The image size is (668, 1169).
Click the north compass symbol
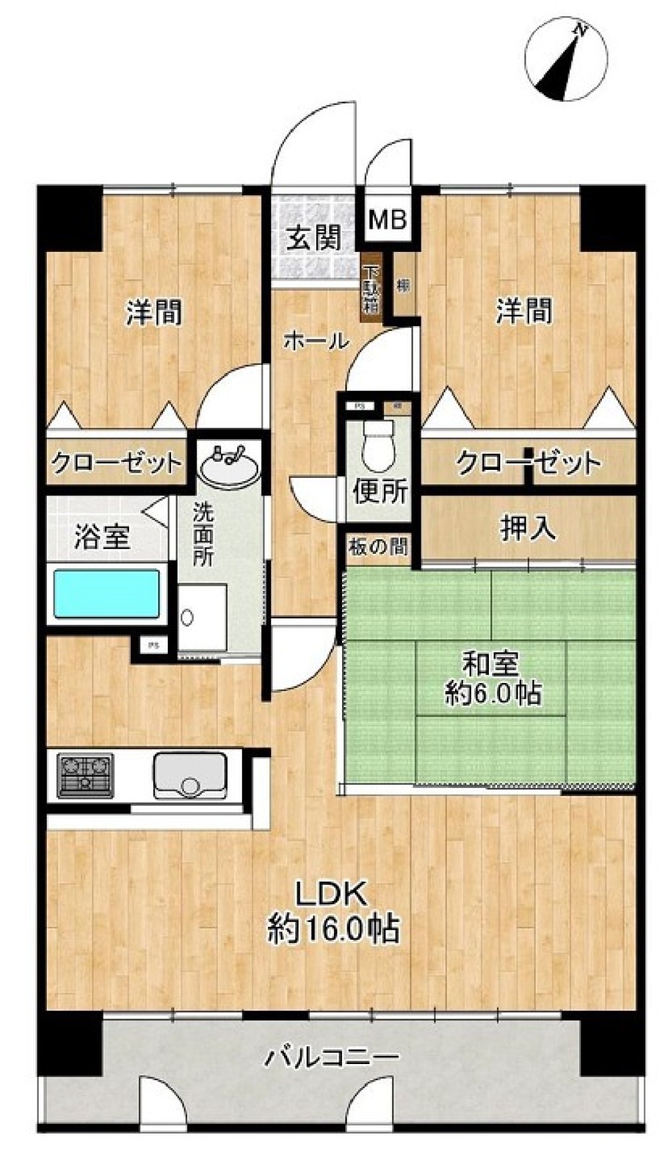click(x=566, y=60)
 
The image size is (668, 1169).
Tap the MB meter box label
click(x=388, y=219)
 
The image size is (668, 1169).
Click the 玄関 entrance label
click(x=314, y=238)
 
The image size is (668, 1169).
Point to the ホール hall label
click(x=316, y=342)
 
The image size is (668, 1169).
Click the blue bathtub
click(x=107, y=592)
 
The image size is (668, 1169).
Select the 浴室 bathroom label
click(x=102, y=537)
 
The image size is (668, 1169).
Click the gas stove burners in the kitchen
click(x=86, y=775)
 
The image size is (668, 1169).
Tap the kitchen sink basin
click(x=190, y=775)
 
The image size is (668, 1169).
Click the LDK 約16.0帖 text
click(x=333, y=910)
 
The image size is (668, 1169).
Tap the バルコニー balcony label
click(x=333, y=1057)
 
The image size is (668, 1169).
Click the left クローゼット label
click(x=116, y=463)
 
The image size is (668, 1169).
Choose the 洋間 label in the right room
click(x=524, y=311)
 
